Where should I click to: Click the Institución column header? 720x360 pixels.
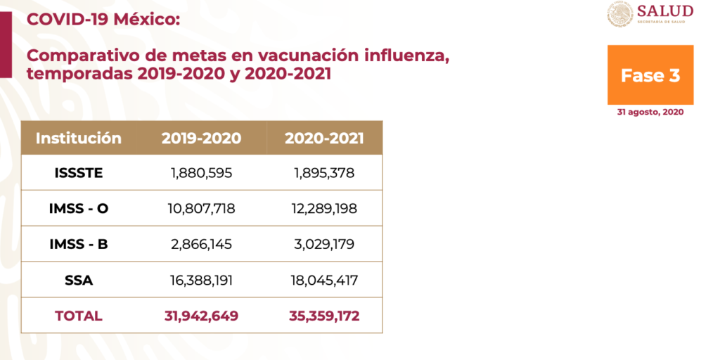79,138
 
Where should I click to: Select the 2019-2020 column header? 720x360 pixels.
201,138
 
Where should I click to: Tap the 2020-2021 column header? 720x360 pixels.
324,138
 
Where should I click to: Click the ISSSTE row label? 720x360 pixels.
79,173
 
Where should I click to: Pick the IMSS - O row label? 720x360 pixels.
79,208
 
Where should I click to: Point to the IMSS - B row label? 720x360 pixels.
79,244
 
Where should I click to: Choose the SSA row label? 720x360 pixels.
79,280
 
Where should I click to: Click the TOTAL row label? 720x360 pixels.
79,316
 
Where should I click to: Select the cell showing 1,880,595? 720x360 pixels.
201,173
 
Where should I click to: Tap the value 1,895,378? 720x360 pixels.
324,173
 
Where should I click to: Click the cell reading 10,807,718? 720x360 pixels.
201,208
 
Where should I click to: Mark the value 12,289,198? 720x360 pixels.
324,208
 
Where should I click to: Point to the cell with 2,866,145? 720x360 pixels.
201,244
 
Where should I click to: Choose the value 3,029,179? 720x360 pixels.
324,244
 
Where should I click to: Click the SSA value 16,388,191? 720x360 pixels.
201,280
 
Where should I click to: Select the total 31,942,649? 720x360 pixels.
201,316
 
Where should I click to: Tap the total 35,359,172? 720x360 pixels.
324,316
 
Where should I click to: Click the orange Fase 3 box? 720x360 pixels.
650,75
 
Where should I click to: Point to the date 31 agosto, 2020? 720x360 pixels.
650,112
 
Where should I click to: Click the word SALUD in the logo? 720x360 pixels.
664,11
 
